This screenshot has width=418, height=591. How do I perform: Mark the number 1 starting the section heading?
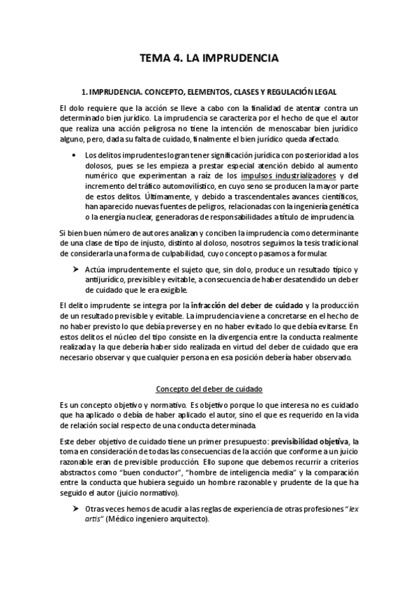click(82, 91)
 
